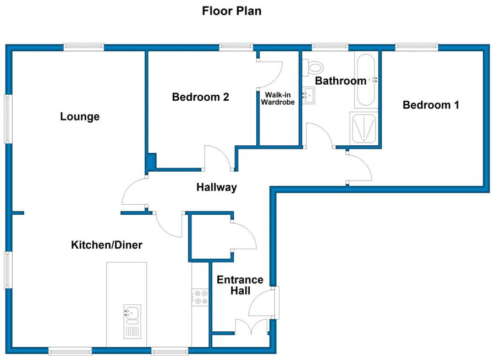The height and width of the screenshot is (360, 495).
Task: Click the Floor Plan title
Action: click(x=232, y=11)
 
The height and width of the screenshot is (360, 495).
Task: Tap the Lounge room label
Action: click(x=80, y=117)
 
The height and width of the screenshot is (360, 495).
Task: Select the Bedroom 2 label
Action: click(x=200, y=97)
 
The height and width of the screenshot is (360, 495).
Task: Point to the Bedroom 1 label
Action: click(x=431, y=105)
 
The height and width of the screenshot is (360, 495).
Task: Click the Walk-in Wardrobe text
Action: click(x=278, y=99)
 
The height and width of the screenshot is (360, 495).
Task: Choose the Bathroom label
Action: click(x=340, y=80)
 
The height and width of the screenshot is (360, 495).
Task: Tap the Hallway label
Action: click(x=217, y=187)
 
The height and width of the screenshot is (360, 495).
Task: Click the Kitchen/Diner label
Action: click(x=107, y=244)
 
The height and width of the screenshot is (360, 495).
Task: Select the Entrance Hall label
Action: click(x=240, y=285)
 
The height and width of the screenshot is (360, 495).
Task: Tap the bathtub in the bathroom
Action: click(x=366, y=80)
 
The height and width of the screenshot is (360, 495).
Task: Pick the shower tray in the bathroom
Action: click(x=364, y=128)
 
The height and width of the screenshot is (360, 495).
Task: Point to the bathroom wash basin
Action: click(x=309, y=95)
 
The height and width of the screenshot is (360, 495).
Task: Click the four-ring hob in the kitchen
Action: click(x=200, y=297)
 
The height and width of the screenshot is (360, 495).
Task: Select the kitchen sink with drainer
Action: click(x=132, y=321)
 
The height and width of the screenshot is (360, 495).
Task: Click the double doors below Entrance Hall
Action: click(x=251, y=327)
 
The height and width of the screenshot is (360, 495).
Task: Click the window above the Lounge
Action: click(x=84, y=47)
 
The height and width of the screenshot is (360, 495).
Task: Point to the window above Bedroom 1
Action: click(x=417, y=47)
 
